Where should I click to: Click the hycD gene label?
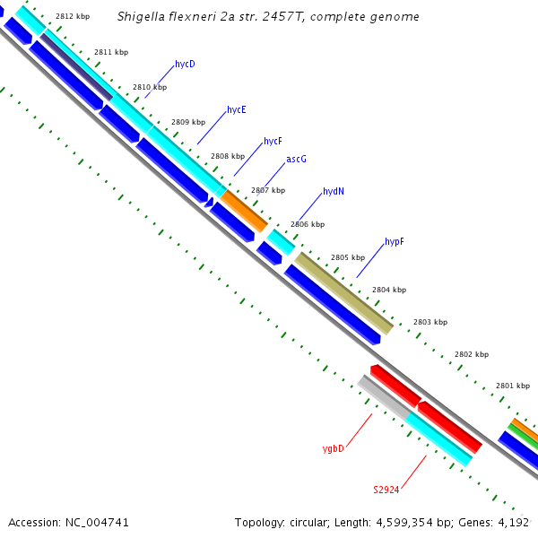(x=185, y=65)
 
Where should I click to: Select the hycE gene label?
(x=237, y=110)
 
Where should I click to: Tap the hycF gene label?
(x=273, y=142)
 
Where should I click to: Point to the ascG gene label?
(x=296, y=160)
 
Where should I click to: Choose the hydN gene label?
(x=334, y=192)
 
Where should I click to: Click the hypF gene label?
(x=395, y=242)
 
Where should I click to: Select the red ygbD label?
(x=333, y=448)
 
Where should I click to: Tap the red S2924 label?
(x=386, y=490)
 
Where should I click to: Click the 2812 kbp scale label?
(x=73, y=17)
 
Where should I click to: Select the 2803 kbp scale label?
(x=430, y=322)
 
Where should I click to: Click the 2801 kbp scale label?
(x=513, y=386)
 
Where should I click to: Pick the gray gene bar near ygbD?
(x=383, y=397)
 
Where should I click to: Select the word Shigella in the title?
(x=142, y=17)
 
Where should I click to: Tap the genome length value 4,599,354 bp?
(x=409, y=522)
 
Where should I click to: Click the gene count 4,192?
(x=514, y=522)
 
